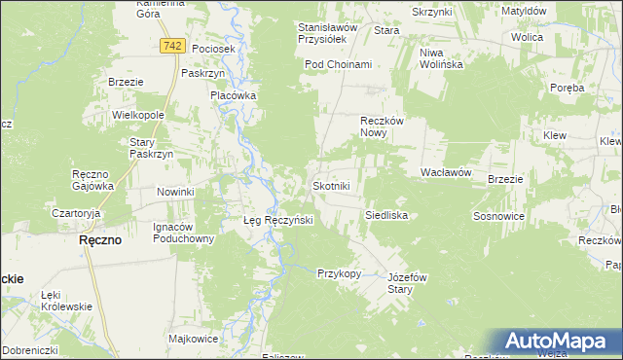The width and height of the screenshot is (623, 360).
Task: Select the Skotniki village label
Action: point(331,185)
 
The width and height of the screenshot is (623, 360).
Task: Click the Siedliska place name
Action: point(385,214)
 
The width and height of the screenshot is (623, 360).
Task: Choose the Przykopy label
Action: point(339,273)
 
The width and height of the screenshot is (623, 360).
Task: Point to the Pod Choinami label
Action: point(338,64)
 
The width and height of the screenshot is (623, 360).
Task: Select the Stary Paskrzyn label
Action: point(151,148)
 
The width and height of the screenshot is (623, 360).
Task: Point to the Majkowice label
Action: point(192,340)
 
